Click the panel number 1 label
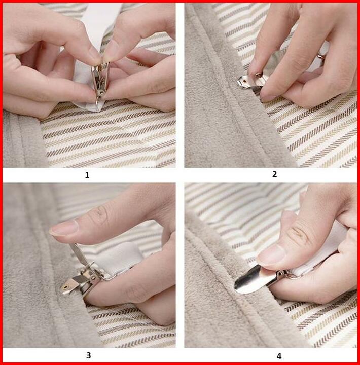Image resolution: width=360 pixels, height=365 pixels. pyautogui.click(x=87, y=175)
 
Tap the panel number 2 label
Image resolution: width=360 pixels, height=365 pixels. pyautogui.click(x=274, y=174)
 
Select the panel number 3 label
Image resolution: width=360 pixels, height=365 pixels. pyautogui.click(x=88, y=355)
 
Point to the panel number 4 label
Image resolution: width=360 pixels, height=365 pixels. pyautogui.click(x=279, y=356)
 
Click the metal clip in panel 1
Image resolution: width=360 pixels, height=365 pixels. pyautogui.click(x=100, y=82)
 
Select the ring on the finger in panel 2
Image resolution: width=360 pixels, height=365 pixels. pyautogui.click(x=321, y=56)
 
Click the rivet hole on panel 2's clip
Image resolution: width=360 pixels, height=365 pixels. pyautogui.click(x=244, y=81)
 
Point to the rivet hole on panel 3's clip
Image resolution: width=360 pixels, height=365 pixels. pyautogui.click(x=66, y=287)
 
